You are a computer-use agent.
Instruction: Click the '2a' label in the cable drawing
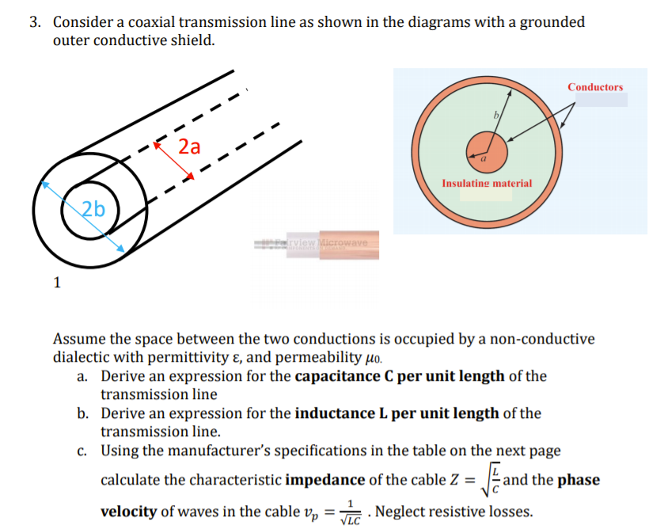coord(190,147)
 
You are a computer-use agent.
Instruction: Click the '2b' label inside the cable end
coord(93,209)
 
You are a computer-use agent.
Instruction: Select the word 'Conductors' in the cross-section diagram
coord(595,87)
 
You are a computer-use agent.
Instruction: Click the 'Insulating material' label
coord(487,183)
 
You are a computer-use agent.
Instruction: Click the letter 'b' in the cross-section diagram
coord(497,115)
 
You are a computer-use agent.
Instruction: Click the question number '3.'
coord(36,22)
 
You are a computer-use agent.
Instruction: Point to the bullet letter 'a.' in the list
coord(83,375)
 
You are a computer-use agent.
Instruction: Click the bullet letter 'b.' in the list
coord(83,413)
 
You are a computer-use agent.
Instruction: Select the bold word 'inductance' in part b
coord(336,413)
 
